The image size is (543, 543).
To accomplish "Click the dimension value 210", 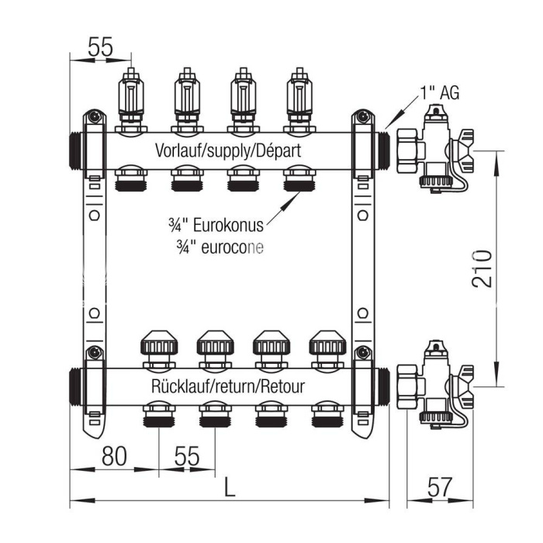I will [482, 268].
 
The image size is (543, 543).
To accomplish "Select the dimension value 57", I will [439, 488].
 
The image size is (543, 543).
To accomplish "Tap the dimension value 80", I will [113, 456].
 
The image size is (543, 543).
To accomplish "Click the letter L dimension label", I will [229, 487].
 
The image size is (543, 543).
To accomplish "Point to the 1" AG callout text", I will [440, 93].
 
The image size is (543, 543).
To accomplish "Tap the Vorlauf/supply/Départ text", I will [227, 150].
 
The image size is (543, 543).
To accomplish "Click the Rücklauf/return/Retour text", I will [227, 386].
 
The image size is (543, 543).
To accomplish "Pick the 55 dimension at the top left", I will [100, 47].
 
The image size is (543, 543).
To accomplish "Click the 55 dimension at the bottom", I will [186, 456].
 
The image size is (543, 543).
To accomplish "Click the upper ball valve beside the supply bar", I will [434, 147].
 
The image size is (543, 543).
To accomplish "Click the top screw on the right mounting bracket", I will [361, 117].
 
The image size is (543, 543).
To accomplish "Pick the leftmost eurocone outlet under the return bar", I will [158, 414].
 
